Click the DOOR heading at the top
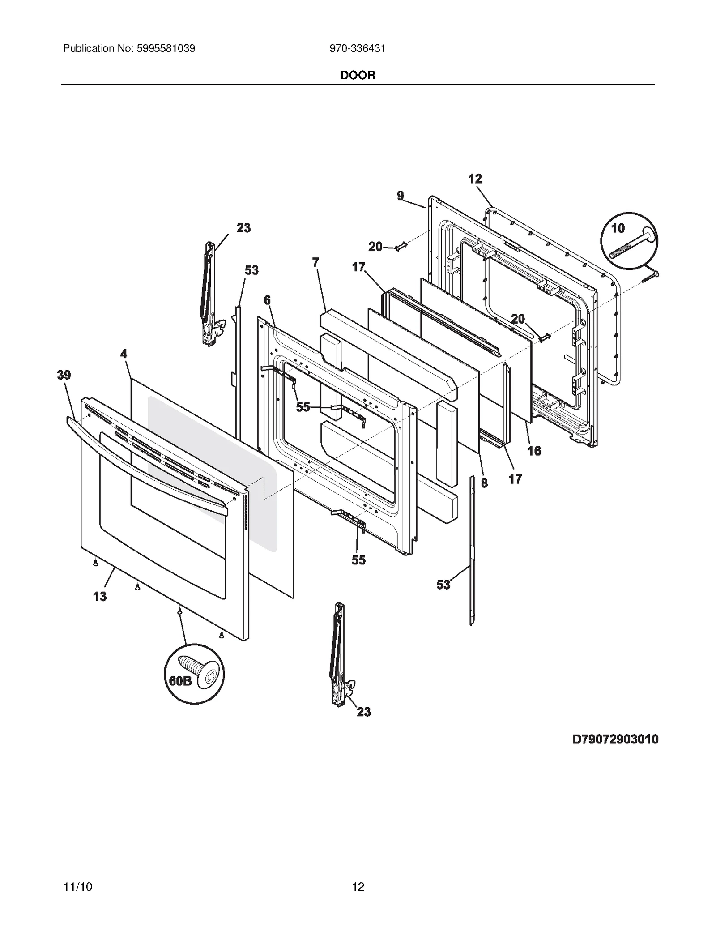click(358, 75)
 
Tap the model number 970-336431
click(358, 48)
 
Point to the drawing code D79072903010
click(615, 739)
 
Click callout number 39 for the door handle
click(64, 375)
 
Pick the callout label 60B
click(180, 681)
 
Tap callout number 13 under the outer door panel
click(100, 596)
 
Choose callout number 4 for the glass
click(124, 354)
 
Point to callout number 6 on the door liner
click(267, 300)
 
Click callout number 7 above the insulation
click(315, 262)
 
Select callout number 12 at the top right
click(475, 179)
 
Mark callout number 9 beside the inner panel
click(400, 196)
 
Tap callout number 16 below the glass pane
click(534, 451)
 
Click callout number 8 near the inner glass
click(484, 483)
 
